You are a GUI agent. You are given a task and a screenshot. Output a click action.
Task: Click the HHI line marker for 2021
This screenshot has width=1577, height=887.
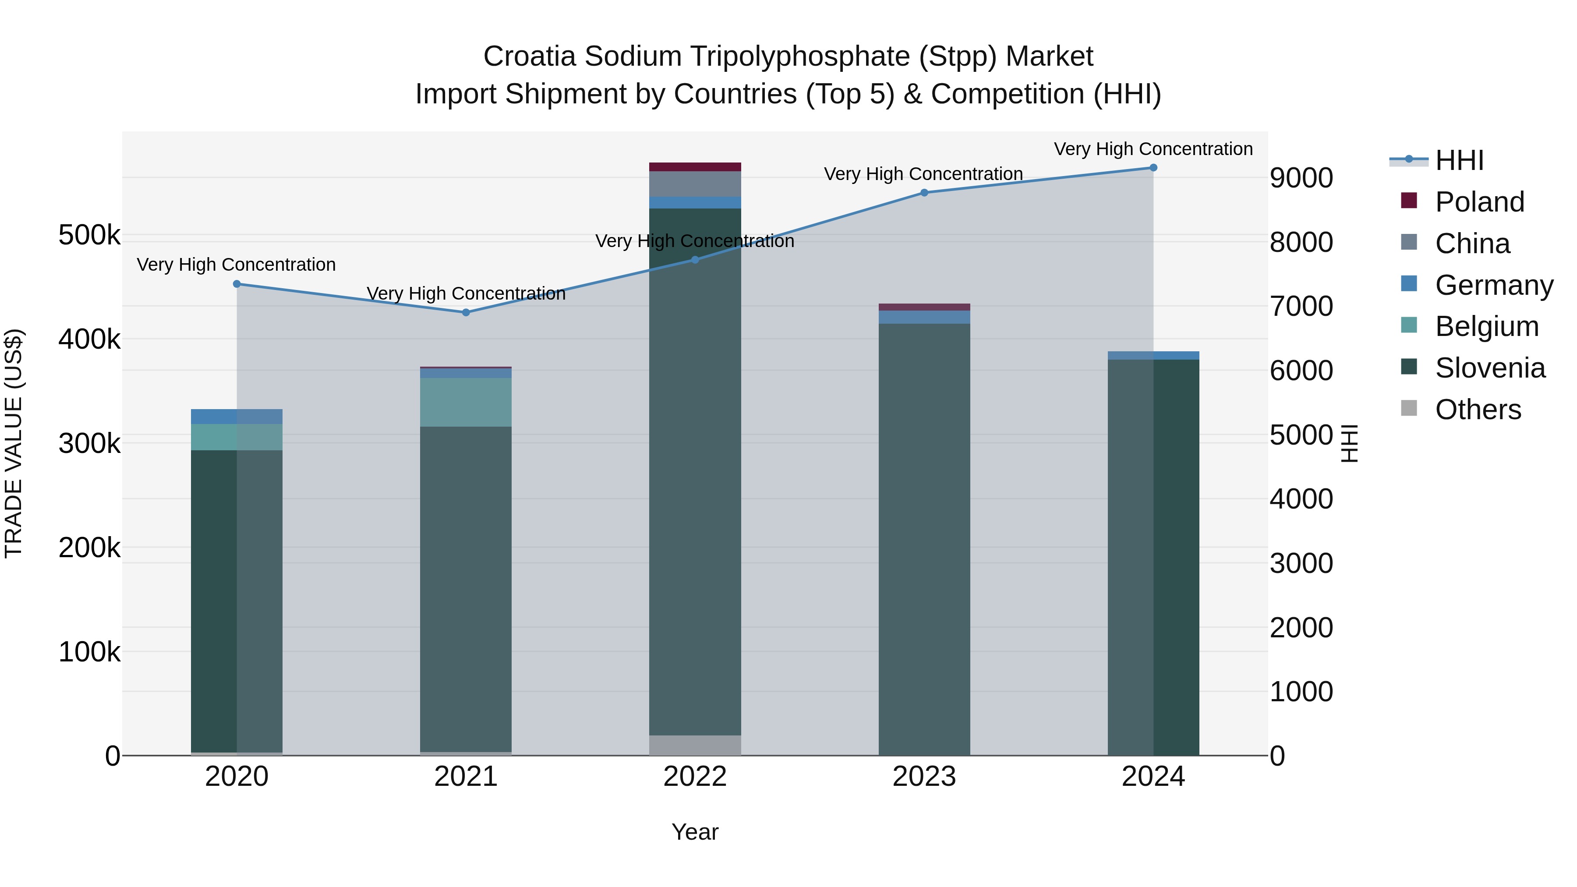pyautogui.click(x=466, y=312)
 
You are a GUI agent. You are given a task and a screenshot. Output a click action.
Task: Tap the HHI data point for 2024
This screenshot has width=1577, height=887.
pyautogui.click(x=1153, y=168)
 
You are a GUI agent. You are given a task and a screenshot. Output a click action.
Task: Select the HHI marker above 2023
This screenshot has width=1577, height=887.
pyautogui.click(x=924, y=193)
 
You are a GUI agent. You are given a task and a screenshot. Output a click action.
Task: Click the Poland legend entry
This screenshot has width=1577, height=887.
pyautogui.click(x=1478, y=202)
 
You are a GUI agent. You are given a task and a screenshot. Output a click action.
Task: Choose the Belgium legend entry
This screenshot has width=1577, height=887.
pyautogui.click(x=1486, y=326)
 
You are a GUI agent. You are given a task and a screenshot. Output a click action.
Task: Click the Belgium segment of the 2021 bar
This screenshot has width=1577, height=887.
pyautogui.click(x=466, y=402)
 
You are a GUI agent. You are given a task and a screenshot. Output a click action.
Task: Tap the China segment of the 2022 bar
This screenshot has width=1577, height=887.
pyautogui.click(x=695, y=184)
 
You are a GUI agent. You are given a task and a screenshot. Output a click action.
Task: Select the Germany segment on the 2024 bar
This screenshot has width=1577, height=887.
pyautogui.click(x=1153, y=356)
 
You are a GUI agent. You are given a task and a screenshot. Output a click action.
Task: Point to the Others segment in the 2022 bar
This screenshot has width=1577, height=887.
pyautogui.click(x=695, y=745)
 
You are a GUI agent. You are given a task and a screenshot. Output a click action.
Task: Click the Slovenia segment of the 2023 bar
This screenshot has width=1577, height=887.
pyautogui.click(x=924, y=539)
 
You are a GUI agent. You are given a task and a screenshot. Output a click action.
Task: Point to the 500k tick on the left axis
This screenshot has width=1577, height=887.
pyautogui.click(x=89, y=235)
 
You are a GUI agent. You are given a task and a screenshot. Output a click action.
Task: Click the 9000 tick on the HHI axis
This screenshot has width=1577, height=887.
pyautogui.click(x=1301, y=178)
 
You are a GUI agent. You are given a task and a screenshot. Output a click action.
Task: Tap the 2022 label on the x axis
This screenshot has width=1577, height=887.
pyautogui.click(x=695, y=777)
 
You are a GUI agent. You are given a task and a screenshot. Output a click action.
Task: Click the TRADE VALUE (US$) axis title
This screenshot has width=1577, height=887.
pyautogui.click(x=14, y=443)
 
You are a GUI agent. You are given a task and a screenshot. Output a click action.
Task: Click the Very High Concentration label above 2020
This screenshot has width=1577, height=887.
pyautogui.click(x=236, y=265)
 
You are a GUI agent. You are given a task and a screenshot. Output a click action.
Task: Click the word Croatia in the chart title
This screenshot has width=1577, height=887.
pyautogui.click(x=530, y=57)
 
